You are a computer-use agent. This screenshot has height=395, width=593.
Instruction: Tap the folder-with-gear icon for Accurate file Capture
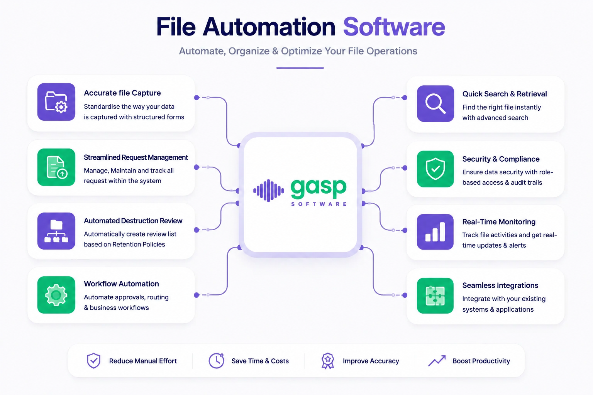pos(56,102)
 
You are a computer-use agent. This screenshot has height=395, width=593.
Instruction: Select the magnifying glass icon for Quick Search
pos(435,103)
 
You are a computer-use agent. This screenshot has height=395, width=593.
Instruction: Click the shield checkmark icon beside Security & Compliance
pos(435,169)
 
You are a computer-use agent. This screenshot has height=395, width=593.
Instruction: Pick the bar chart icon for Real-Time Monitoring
pos(435,232)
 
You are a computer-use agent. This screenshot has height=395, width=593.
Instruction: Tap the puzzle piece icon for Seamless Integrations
pos(435,295)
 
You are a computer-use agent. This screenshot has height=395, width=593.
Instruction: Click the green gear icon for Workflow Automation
pos(56,295)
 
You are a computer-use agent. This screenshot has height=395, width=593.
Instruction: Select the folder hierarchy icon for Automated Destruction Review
pos(56,231)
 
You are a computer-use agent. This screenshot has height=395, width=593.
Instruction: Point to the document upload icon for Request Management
pos(56,167)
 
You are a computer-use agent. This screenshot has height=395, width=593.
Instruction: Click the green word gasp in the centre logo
pos(319,188)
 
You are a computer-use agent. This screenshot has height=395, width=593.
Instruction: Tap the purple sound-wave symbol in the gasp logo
pos(268,190)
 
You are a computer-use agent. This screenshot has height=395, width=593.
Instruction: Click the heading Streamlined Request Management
pos(136,157)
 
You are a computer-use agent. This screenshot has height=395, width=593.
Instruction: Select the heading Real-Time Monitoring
pos(499,222)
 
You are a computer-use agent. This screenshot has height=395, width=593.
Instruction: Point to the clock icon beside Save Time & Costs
pos(217,360)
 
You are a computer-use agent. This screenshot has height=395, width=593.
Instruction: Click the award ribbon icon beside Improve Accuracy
pos(328,361)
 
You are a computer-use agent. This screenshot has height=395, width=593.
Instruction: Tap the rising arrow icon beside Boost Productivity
pos(437,361)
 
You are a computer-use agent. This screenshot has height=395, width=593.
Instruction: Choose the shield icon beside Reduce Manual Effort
pos(94,361)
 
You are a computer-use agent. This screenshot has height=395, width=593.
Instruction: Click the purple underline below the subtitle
pos(300,68)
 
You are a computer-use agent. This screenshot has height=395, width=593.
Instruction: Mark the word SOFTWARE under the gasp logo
pos(319,204)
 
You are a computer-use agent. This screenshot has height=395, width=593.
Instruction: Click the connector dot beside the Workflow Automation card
pos(197,295)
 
